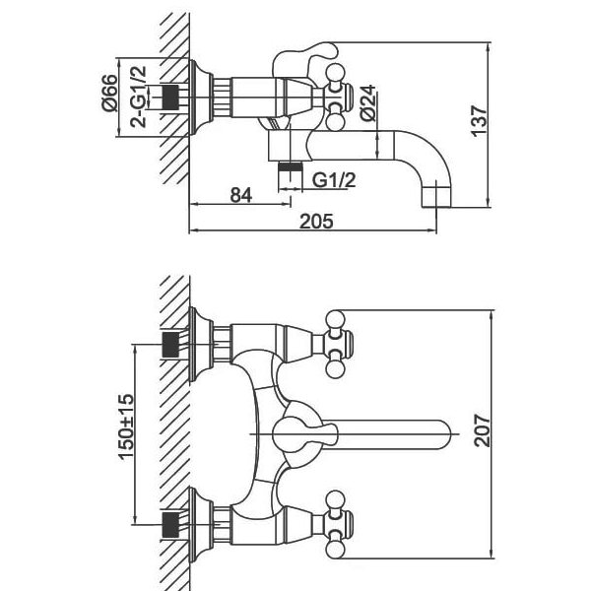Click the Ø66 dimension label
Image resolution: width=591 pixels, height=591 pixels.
click(x=109, y=93)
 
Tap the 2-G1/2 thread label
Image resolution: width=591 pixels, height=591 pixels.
click(x=138, y=97)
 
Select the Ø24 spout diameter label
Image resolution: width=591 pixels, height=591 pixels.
click(x=367, y=102)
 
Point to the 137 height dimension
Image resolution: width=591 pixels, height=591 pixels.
click(x=480, y=121)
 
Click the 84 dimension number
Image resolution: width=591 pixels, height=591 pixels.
click(x=241, y=195)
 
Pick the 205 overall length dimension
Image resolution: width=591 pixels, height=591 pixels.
click(x=316, y=222)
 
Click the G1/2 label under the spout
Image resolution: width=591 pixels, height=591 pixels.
click(x=334, y=180)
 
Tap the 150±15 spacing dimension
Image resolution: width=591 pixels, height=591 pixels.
click(x=126, y=427)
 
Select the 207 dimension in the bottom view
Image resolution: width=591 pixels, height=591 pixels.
click(x=483, y=430)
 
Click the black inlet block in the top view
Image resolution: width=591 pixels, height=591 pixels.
click(x=170, y=98)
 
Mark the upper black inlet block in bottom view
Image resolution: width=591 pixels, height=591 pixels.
click(x=170, y=345)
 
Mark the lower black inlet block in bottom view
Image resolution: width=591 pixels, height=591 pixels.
click(x=170, y=525)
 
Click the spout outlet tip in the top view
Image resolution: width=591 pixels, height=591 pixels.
click(x=436, y=196)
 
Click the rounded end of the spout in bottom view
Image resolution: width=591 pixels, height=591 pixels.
click(x=443, y=434)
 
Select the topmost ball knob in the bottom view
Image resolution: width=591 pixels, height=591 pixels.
click(x=335, y=319)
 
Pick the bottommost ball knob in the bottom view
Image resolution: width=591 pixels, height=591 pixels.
click(x=335, y=550)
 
